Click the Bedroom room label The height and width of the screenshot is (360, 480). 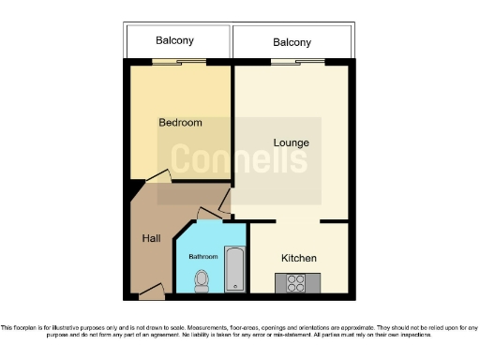coord(180,123)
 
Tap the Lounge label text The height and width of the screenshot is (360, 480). coord(291,142)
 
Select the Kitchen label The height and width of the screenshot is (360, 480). coord(299,258)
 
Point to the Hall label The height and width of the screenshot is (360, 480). coord(151,239)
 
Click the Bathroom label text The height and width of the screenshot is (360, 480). coord(203,256)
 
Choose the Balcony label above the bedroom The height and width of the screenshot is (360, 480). coord(175,41)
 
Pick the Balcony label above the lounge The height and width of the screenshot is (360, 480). coord(292,42)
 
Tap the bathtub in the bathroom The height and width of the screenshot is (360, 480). coord(234,269)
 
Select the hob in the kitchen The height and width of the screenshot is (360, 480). coord(298,282)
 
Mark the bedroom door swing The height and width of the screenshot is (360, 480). coord(157,178)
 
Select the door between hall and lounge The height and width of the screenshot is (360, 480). coord(225,202)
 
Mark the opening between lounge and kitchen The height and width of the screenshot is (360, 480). coord(298,221)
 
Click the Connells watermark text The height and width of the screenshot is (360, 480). coord(238,160)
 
